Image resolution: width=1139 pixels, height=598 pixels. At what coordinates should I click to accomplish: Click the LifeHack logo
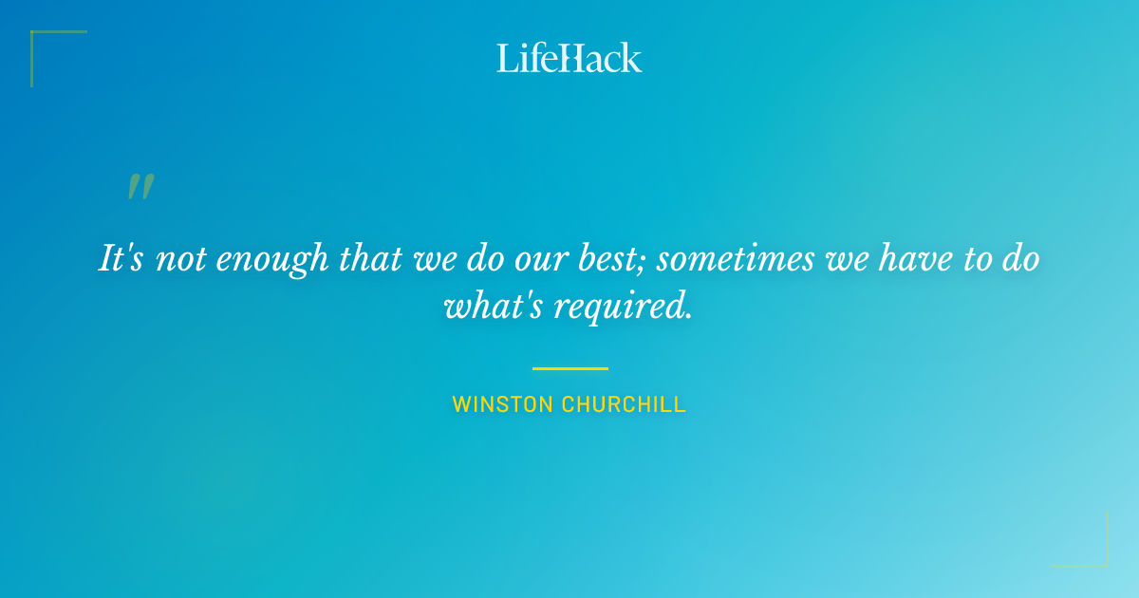pyautogui.click(x=569, y=58)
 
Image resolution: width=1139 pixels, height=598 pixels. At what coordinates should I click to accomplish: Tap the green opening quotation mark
pyautogui.click(x=140, y=187)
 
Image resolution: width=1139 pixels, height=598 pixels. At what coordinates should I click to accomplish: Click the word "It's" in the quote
pyautogui.click(x=121, y=258)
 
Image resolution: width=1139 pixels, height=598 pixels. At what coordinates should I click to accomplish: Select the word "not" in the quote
pyautogui.click(x=179, y=259)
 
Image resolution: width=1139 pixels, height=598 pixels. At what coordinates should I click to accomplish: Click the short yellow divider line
pyautogui.click(x=569, y=368)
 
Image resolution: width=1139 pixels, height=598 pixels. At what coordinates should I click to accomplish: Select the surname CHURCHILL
pyautogui.click(x=624, y=404)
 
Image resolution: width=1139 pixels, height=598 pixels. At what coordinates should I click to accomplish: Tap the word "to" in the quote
pyautogui.click(x=976, y=259)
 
